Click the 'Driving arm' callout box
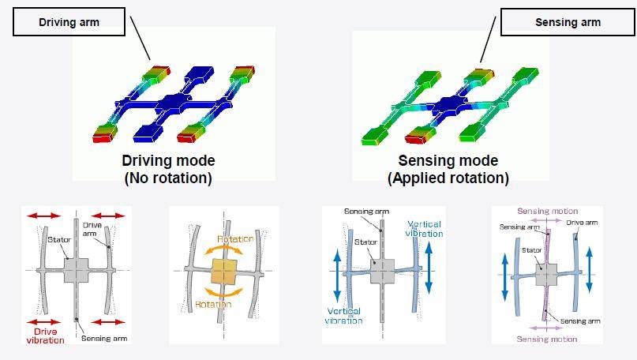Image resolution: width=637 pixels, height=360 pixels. point(69,22)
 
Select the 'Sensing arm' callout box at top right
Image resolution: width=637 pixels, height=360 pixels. point(568,22)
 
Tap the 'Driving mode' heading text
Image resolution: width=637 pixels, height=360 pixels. point(168,160)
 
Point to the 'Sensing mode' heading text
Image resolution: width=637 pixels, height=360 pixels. point(448,160)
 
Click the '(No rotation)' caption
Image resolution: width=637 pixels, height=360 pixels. point(168,178)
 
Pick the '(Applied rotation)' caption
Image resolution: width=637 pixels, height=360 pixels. point(448,178)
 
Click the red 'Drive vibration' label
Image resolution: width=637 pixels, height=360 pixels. point(45,336)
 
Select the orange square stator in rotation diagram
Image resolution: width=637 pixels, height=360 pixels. point(224,272)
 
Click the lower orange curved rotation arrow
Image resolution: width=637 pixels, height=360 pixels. point(224,293)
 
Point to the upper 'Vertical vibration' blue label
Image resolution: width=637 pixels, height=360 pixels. point(424,229)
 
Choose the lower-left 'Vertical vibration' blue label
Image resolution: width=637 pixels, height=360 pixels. point(343,316)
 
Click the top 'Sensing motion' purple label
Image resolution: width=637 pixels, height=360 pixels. point(547,211)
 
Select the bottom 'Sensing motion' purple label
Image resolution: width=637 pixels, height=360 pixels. point(547,339)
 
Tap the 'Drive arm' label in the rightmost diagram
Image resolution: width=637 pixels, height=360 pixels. point(583,223)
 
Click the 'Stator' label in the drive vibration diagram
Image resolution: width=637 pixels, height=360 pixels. point(59,240)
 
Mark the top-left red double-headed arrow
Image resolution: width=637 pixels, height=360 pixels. point(44,216)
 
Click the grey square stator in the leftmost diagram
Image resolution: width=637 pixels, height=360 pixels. point(76,270)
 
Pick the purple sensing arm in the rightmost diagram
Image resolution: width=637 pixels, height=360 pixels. point(546,275)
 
